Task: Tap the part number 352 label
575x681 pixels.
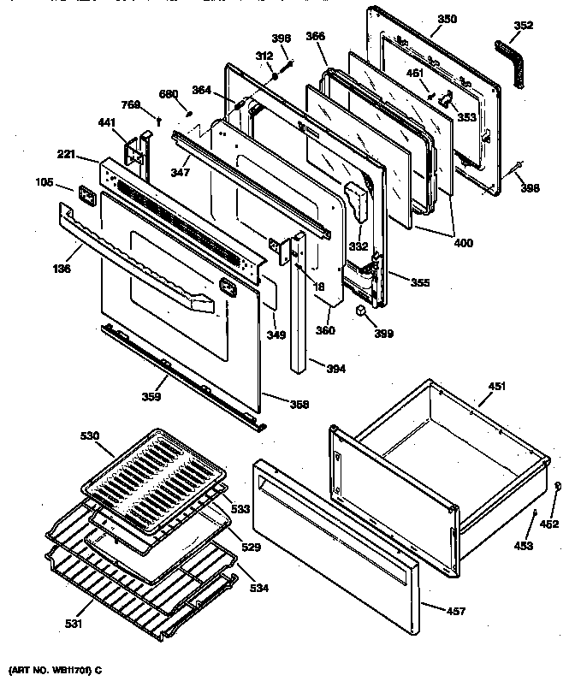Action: [x=523, y=26]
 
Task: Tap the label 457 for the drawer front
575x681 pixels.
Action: [x=459, y=610]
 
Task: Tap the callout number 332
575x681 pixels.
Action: [x=358, y=246]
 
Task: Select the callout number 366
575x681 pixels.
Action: [x=315, y=37]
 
